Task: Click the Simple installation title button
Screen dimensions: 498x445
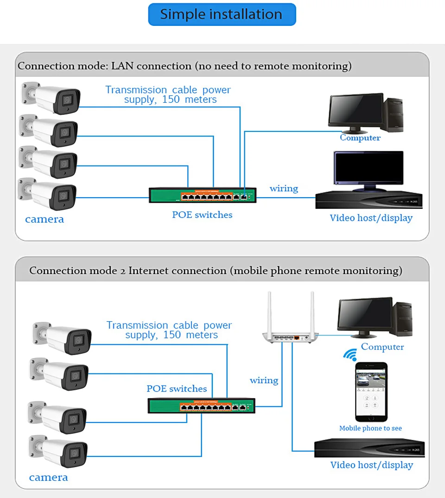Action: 222,14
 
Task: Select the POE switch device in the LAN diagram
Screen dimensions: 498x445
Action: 203,195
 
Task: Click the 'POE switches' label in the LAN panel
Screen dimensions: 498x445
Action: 202,215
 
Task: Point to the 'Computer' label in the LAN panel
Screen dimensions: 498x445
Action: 360,137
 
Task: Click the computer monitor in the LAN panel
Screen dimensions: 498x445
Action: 356,111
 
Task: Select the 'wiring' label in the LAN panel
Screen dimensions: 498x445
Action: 284,188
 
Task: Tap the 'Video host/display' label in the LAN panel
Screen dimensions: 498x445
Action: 371,218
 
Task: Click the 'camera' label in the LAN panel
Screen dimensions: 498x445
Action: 44,219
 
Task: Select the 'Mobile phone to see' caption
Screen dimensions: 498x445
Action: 370,428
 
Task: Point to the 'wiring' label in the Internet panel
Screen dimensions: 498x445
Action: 264,380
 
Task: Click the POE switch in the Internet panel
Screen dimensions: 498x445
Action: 201,406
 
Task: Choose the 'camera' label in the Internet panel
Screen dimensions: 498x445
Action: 48,477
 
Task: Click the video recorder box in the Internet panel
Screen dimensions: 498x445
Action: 369,448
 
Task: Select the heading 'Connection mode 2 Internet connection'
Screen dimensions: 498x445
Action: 216,270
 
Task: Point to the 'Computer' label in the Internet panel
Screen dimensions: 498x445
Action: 382,347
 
